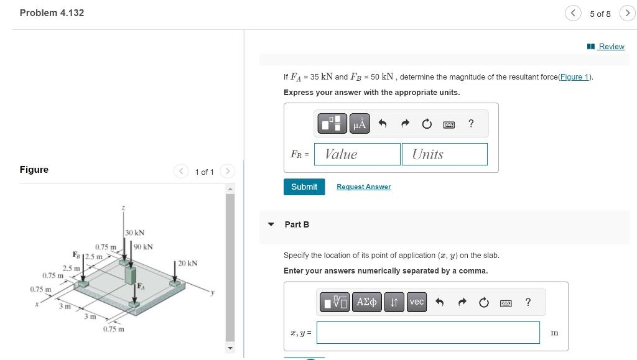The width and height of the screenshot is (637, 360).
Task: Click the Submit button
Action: click(x=304, y=187)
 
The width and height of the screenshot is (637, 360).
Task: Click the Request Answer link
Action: click(x=363, y=187)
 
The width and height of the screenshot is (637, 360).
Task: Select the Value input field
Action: click(x=357, y=154)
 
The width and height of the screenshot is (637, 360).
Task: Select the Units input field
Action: click(x=444, y=154)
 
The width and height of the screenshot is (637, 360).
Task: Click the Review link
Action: click(x=611, y=47)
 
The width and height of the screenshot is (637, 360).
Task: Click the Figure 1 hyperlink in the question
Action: click(x=575, y=77)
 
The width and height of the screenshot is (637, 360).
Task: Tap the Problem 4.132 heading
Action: click(x=52, y=13)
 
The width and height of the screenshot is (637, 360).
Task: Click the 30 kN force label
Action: click(x=134, y=233)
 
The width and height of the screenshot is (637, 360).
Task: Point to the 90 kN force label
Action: click(x=143, y=247)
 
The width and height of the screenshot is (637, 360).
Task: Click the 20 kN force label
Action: click(x=187, y=263)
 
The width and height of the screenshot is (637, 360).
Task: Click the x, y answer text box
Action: click(x=428, y=333)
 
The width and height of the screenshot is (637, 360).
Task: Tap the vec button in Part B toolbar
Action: click(x=417, y=302)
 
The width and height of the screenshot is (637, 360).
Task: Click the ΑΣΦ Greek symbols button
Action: click(x=366, y=302)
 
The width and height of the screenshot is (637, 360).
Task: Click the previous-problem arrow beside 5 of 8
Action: click(x=573, y=13)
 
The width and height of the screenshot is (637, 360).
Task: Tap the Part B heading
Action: click(x=297, y=224)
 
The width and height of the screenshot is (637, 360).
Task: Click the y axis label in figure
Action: click(x=212, y=293)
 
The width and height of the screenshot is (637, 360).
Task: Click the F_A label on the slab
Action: click(x=141, y=286)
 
